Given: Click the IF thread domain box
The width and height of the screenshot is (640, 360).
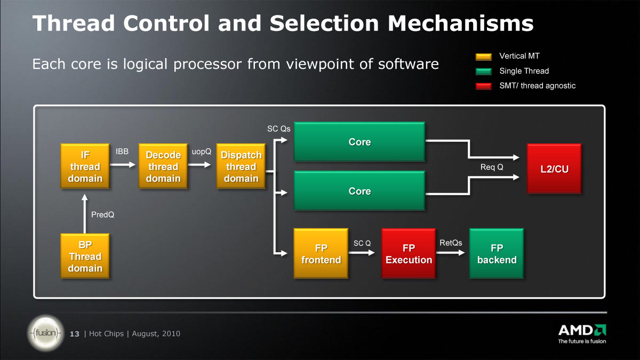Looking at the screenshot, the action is point(85,166).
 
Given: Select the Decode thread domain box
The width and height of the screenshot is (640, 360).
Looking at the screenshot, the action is point(163,166).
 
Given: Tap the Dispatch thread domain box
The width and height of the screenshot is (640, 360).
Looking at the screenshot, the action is point(241,166).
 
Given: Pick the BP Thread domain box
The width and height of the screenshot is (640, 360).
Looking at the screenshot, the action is point(85,256).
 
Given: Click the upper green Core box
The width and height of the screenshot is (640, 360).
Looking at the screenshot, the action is point(359,142).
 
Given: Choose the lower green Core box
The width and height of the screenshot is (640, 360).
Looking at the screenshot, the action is point(359,191).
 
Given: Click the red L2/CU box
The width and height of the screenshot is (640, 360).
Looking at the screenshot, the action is point(554,169).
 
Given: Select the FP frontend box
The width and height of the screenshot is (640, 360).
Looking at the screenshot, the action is point(321,253).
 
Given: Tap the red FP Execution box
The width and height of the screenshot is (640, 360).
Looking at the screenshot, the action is point(409,253).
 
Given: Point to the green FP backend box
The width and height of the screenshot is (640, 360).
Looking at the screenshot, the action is point(497,253).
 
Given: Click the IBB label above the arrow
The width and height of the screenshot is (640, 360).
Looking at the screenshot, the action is point(122,151).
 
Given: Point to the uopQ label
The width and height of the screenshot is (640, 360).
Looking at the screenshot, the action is point(202,151).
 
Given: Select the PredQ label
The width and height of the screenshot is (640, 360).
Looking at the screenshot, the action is point(102,214).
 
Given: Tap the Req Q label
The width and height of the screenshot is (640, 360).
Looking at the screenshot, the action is point(492,167).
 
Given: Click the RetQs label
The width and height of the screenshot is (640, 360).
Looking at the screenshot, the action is point(451,243).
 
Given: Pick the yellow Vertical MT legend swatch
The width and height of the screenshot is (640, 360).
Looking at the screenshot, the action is point(484,57).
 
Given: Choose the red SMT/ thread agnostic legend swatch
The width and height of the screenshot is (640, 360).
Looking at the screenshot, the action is point(484,86).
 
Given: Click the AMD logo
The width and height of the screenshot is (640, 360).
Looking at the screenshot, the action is point(582,334).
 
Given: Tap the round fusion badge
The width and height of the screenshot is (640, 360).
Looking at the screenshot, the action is point(46,333).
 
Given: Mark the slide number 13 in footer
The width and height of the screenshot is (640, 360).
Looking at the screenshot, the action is point(75,334).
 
